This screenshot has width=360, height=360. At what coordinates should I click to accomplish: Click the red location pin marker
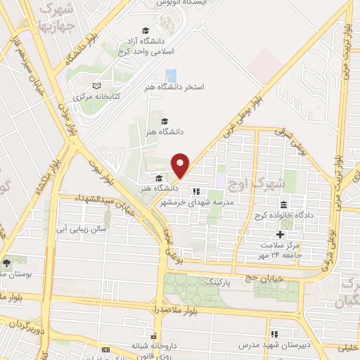pos(181,165)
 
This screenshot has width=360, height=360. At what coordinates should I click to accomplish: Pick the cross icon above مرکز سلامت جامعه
pos(280,233)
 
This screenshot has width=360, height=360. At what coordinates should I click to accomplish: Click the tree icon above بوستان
pos(7,262)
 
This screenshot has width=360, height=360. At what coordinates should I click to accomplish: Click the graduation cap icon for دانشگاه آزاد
pos(146,32)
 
